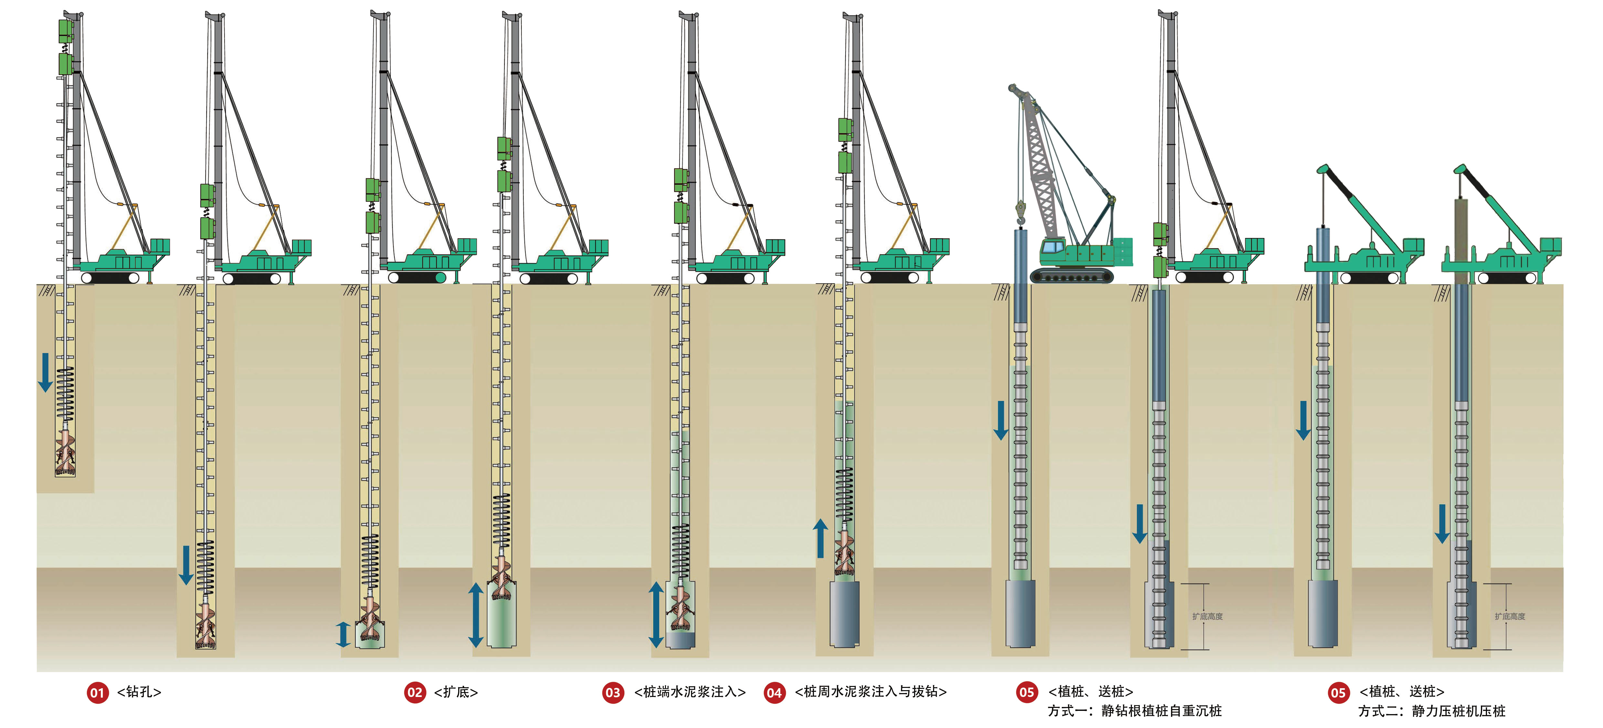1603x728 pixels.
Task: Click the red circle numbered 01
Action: click(x=97, y=692)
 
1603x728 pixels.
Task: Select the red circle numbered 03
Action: click(x=613, y=692)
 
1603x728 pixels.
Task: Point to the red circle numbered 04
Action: click(x=774, y=692)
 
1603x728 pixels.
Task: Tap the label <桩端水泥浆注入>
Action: click(x=690, y=692)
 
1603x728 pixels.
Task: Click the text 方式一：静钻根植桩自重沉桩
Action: click(x=1134, y=711)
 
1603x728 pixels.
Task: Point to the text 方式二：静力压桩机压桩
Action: click(x=1431, y=711)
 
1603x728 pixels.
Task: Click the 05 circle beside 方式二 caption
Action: click(x=1338, y=692)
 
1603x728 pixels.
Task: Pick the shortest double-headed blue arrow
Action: click(x=343, y=634)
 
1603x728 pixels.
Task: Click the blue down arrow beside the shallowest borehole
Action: click(x=45, y=372)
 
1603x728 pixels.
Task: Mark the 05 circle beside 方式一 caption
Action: click(x=1027, y=692)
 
